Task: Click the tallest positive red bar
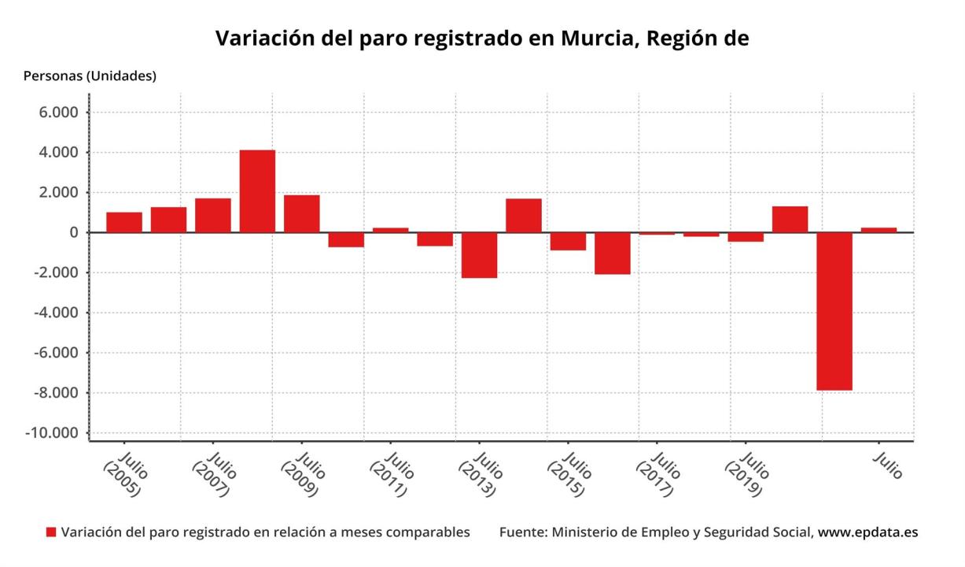257,191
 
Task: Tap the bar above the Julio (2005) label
124,222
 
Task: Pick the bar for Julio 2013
479,255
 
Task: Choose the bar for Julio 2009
301,213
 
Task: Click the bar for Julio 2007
213,215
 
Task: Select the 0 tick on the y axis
74,232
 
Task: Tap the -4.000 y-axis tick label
55,313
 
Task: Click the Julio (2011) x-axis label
392,474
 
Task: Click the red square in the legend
51,533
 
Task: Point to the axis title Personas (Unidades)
90,76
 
